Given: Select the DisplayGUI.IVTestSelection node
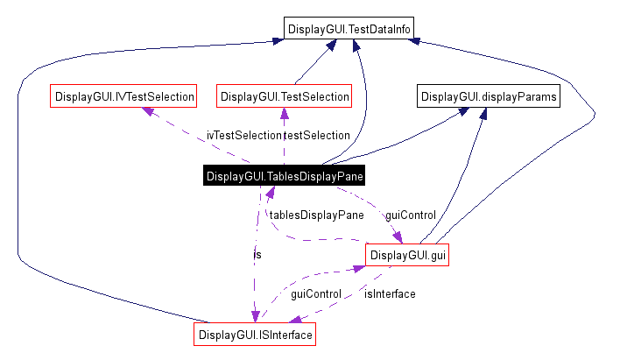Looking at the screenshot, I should pos(123,95).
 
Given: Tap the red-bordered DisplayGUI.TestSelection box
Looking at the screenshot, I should pos(285,95).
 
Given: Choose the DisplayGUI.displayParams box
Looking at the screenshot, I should pos(488,95).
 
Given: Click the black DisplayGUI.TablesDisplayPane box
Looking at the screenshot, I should pos(285,176).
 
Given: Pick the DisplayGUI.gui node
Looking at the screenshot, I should pos(407,255).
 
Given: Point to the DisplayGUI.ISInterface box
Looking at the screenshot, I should pos(255,335).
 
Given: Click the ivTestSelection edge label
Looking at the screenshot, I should pos(243,135).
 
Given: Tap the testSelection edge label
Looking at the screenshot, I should pos(317,135).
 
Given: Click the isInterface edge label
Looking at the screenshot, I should pos(390,293).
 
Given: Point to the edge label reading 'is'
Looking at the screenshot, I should pos(257,254).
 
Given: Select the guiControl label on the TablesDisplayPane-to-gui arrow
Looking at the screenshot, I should pos(411,215).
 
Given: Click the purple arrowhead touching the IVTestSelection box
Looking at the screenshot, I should pos(149,111).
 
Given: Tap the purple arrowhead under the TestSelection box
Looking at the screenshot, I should pos(284,112).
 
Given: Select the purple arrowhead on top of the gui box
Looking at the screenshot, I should pos(398,237).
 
